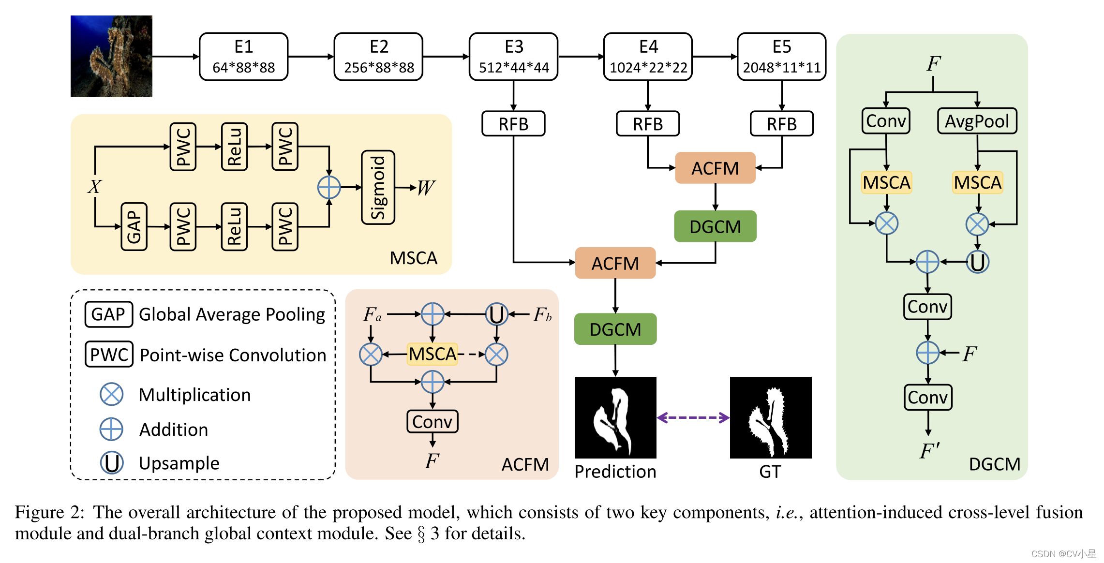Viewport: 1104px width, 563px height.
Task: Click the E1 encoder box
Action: click(243, 57)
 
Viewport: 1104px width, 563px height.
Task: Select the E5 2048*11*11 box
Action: click(781, 57)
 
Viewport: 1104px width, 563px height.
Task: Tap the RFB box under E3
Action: click(513, 124)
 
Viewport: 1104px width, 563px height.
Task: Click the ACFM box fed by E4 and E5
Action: click(715, 168)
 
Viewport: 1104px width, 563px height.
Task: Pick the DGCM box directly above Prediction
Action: click(615, 329)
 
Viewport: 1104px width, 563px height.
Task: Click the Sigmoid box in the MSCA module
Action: click(378, 187)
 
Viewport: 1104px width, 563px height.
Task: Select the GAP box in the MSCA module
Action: click(134, 226)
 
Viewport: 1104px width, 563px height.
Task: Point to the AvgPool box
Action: click(977, 121)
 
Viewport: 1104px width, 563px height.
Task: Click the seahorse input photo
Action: click(111, 56)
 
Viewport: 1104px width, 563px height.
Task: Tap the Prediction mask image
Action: click(615, 417)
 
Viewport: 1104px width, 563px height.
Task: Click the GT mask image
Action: click(770, 417)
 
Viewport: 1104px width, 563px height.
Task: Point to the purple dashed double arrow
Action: click(693, 417)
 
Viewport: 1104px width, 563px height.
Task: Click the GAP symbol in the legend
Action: click(108, 314)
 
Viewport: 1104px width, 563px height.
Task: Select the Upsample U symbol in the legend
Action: click(112, 463)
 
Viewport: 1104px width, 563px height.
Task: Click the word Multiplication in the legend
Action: click(194, 395)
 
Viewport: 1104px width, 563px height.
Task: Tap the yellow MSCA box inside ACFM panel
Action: click(432, 354)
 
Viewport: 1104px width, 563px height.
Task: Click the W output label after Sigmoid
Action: click(426, 188)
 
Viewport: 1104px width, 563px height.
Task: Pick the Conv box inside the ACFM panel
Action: click(432, 422)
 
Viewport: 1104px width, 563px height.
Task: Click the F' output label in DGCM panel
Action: click(929, 451)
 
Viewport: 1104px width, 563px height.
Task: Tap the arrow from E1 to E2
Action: click(311, 57)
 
